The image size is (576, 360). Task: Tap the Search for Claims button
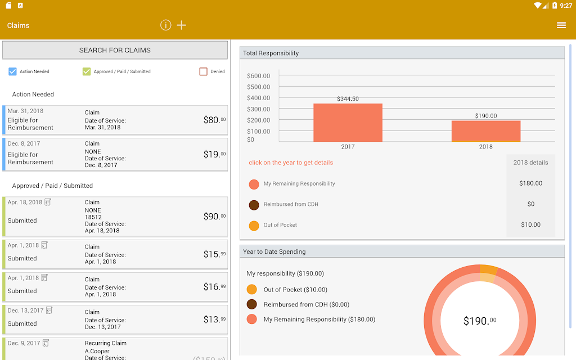tap(115, 50)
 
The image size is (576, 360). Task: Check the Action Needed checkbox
tap(12, 71)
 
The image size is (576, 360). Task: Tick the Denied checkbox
tap(203, 71)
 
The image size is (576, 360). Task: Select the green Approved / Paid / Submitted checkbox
tap(86, 71)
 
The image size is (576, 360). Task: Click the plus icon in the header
tap(182, 25)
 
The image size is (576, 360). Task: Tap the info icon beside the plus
tap(166, 25)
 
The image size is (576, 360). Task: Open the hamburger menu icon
tap(561, 25)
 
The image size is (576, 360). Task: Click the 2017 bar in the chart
tap(348, 122)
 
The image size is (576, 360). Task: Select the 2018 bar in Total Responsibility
tap(486, 130)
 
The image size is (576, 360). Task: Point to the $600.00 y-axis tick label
tap(259, 76)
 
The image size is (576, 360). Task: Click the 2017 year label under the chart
tap(348, 147)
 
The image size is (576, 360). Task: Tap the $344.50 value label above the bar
tap(348, 98)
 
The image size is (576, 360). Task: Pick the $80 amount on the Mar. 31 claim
tap(214, 120)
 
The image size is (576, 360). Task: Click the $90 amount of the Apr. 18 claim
tap(214, 217)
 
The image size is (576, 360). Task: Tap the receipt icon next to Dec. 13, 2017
tap(49, 310)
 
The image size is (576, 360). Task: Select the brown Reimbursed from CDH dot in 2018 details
tap(254, 205)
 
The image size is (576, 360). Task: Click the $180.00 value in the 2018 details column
tap(531, 183)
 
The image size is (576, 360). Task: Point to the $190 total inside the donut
tap(480, 321)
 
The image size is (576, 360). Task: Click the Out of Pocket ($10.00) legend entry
tap(287, 290)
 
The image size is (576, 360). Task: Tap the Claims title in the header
tap(19, 25)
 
